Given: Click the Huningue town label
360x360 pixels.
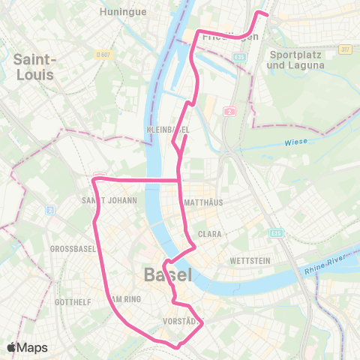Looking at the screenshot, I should (x=118, y=12).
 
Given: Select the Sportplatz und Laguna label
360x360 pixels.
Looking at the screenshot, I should (x=295, y=60).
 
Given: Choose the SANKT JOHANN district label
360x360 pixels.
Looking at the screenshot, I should (x=109, y=200).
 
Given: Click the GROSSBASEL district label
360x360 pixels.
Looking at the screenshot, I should (x=70, y=248).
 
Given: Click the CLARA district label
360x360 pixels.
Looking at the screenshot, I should (x=209, y=234).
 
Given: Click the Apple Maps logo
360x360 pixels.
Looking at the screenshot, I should (x=27, y=347).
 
